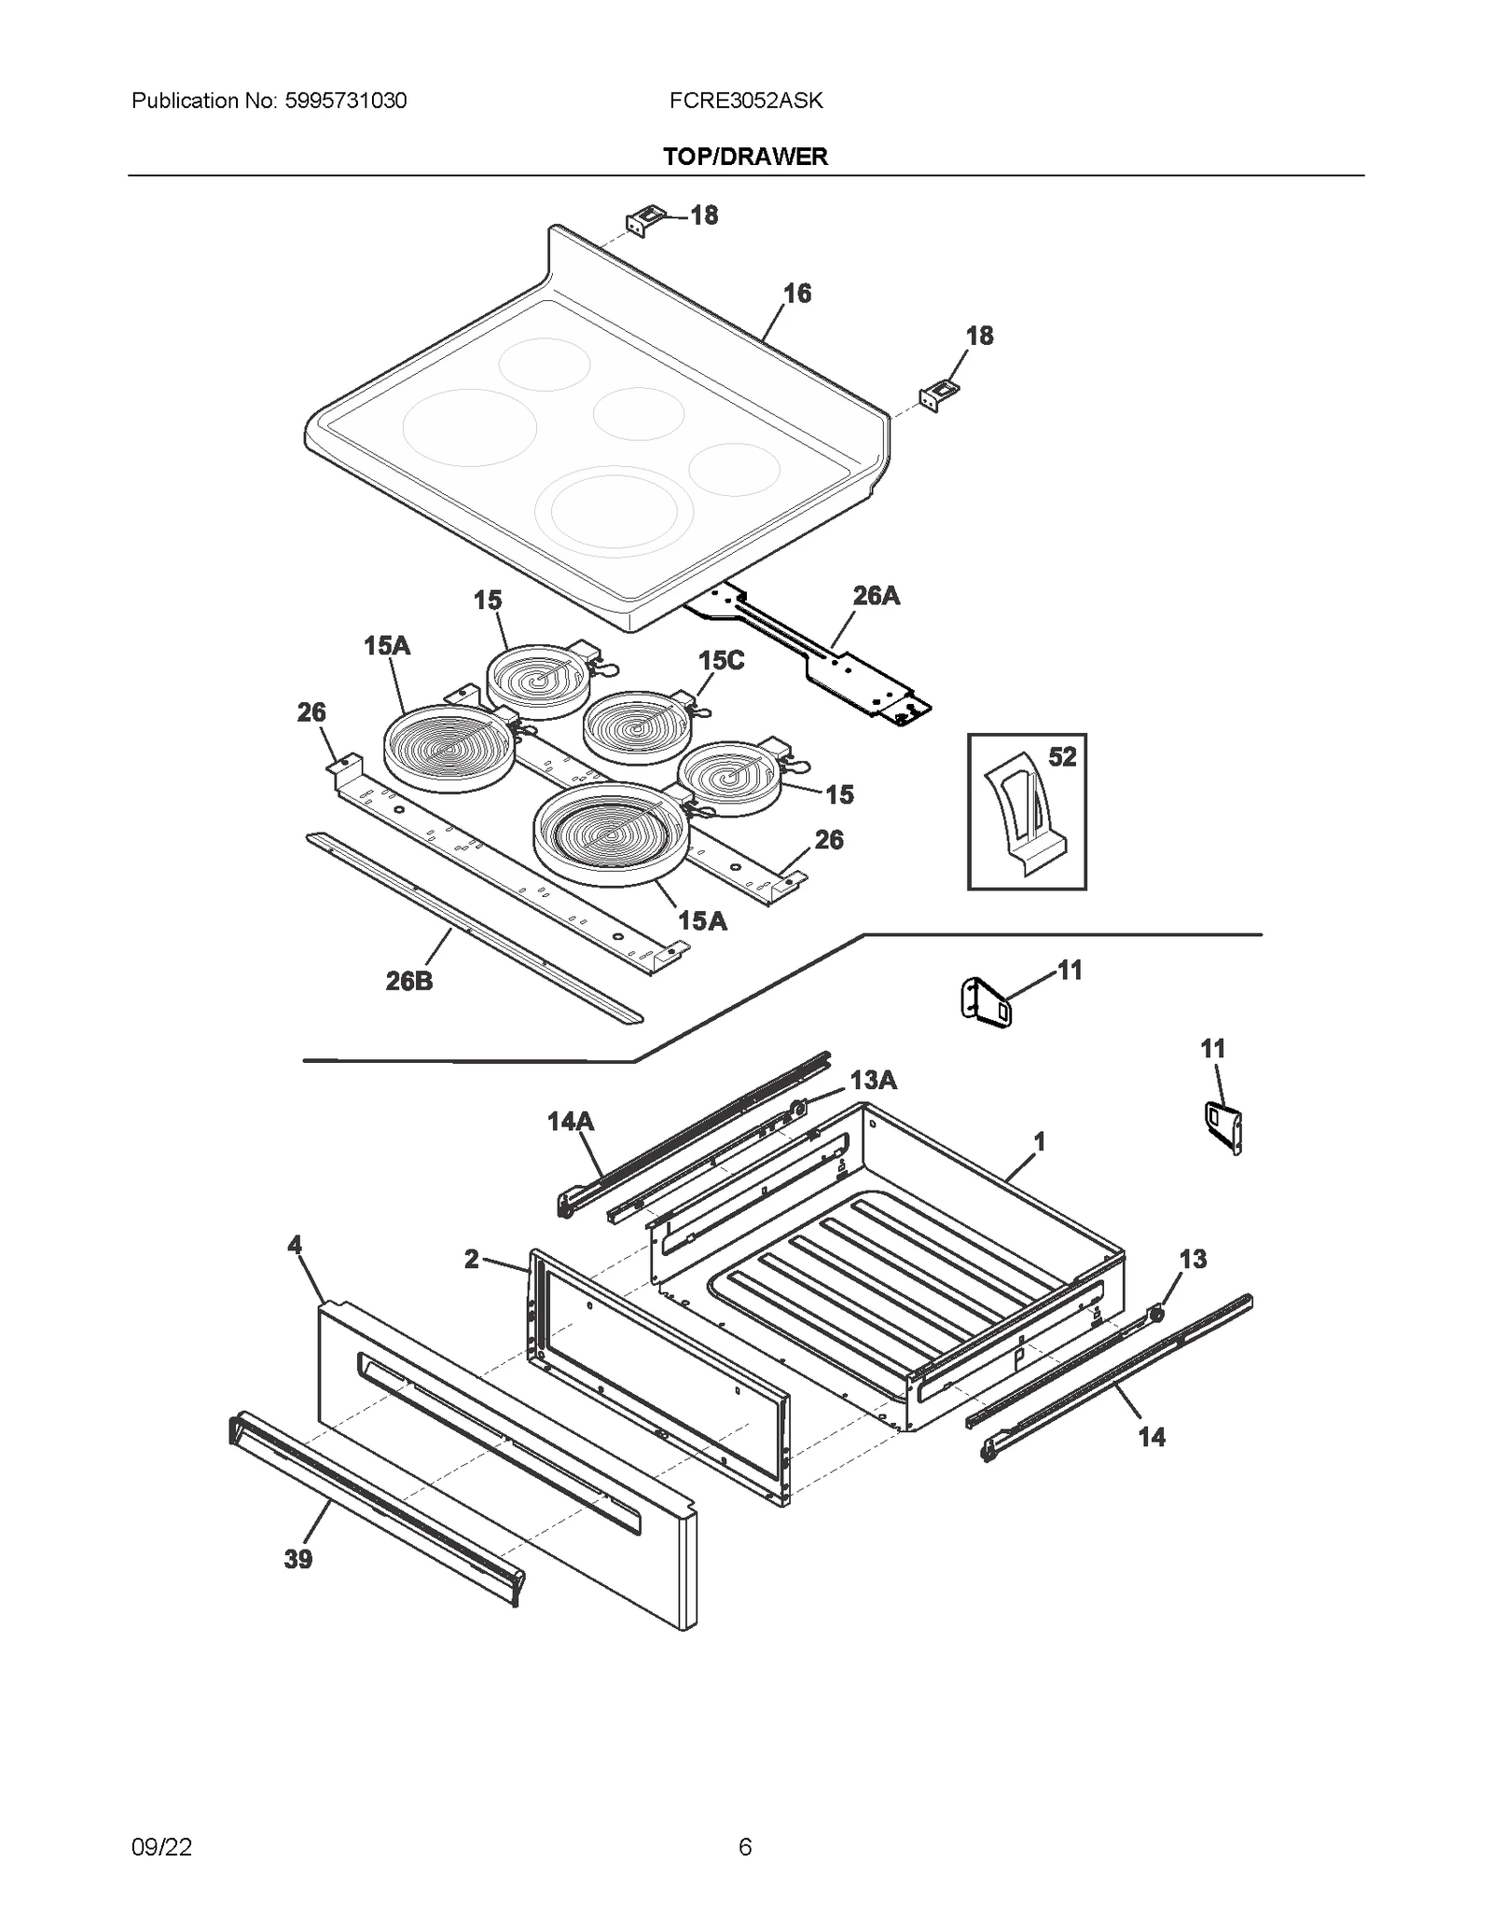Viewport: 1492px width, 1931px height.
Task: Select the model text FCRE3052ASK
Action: click(x=745, y=101)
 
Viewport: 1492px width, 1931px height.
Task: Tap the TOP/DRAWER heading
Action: click(x=745, y=157)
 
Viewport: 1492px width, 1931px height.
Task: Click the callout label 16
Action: click(x=796, y=294)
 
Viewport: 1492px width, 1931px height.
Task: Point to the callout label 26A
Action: click(x=876, y=596)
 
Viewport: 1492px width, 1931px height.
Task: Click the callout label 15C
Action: click(x=721, y=660)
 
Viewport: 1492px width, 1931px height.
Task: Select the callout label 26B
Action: click(x=409, y=981)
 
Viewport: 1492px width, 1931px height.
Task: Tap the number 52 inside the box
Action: click(x=1062, y=757)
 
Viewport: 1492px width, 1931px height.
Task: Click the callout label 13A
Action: click(x=873, y=1080)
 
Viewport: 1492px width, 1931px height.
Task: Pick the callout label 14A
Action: click(x=570, y=1121)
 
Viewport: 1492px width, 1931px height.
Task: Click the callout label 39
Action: click(x=298, y=1559)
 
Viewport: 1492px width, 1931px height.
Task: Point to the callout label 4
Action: click(x=295, y=1245)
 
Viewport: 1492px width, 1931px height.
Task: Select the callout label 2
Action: click(x=472, y=1259)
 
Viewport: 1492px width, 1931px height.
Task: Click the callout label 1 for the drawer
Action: click(x=1039, y=1141)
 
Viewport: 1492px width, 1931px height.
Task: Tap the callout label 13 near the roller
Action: click(x=1193, y=1260)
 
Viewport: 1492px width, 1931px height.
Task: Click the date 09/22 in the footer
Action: click(x=162, y=1847)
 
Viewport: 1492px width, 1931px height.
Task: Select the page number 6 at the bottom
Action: click(x=744, y=1847)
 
